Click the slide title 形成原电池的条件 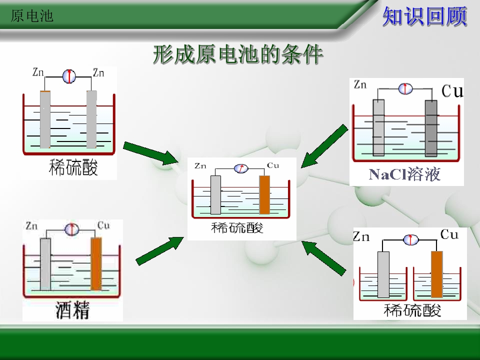[238, 54]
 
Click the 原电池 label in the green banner [32, 16]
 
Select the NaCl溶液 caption [404, 174]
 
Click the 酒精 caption [72, 310]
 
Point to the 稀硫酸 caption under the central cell [237, 228]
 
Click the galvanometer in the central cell [241, 168]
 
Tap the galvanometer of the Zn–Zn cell [69, 76]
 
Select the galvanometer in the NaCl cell [405, 89]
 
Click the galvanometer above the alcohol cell [71, 229]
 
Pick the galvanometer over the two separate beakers [410, 239]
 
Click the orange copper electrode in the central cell [264, 194]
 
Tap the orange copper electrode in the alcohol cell [96, 263]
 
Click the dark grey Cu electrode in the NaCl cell [431, 128]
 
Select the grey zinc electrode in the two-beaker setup [383, 274]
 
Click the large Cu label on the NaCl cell [452, 91]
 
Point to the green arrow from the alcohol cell [159, 250]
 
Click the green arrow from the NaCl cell [324, 146]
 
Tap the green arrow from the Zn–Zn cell [151, 153]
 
